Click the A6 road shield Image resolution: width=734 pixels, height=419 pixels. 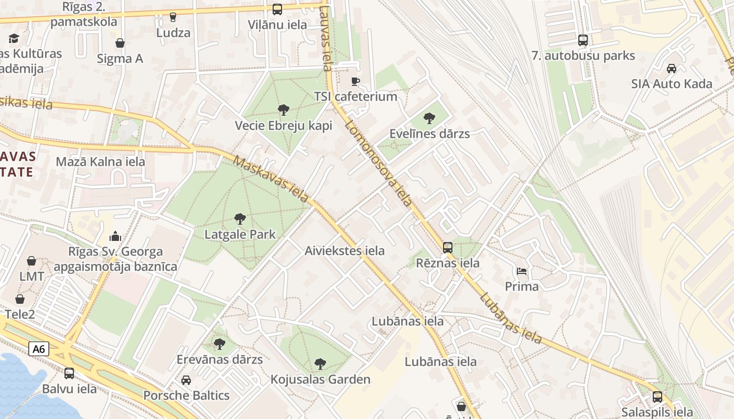pos(39,349)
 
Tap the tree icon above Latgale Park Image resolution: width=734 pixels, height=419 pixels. pos(240,218)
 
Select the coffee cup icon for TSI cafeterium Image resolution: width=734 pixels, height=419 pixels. pos(355,81)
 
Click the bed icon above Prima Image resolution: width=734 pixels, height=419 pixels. pos(522,271)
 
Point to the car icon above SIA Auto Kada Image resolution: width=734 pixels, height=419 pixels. pos(672,68)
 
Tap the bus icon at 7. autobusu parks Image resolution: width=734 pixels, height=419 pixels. pos(582,40)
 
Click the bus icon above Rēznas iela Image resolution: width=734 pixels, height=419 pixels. pos(448,247)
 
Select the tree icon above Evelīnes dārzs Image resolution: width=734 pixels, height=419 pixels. pos(429,118)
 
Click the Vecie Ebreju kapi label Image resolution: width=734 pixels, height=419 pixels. pos(284,126)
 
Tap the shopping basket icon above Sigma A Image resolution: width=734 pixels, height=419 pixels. pos(120,43)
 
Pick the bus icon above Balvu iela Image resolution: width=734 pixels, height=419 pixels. pos(69,373)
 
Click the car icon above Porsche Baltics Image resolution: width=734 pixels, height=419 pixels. pos(186,380)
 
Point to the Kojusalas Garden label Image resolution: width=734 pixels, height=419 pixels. pos(320,379)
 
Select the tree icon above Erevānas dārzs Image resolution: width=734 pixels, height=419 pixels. pos(220,344)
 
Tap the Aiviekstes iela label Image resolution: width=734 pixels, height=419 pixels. pos(344,251)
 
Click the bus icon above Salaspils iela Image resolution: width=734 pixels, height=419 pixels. pos(657,396)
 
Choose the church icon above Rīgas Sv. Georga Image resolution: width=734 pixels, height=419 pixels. pos(115,236)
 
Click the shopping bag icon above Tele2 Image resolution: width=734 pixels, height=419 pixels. pos(20,299)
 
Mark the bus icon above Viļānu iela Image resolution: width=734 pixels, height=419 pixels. pos(277,9)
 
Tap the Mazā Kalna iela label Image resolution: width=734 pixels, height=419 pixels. pos(101,161)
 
